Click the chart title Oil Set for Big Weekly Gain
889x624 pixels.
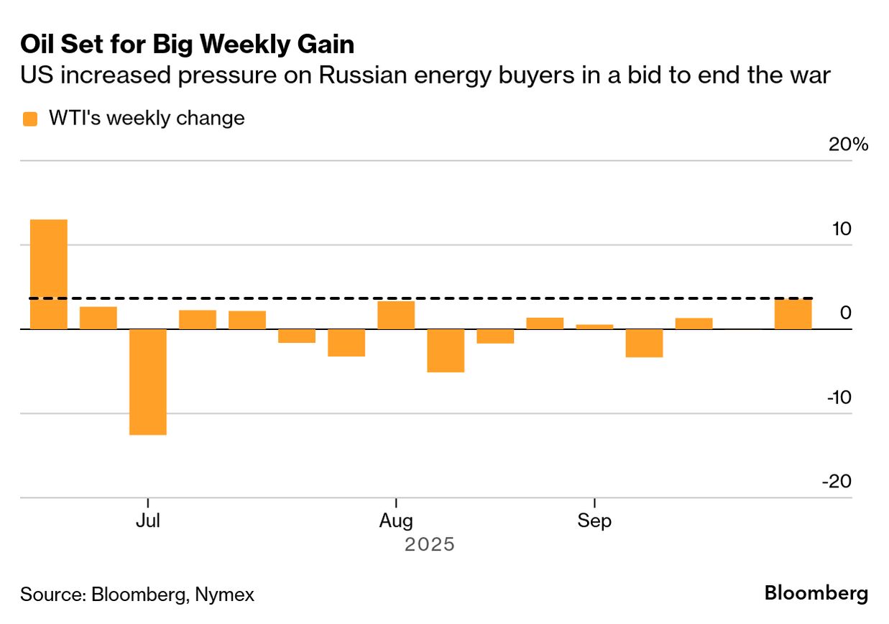click(187, 45)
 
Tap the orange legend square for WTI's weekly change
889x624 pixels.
click(30, 119)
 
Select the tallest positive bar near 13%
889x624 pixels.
click(48, 274)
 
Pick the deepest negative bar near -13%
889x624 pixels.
click(147, 382)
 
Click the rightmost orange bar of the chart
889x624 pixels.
click(793, 314)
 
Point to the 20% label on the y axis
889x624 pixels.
click(849, 144)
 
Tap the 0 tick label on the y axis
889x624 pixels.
click(845, 313)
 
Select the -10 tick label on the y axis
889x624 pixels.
click(837, 398)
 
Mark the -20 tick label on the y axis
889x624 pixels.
click(837, 482)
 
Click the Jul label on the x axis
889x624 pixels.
click(147, 520)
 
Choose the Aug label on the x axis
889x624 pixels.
click(396, 520)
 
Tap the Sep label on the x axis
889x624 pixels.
click(594, 520)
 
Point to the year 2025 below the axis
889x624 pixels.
click(429, 544)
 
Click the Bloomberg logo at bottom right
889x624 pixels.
click(816, 594)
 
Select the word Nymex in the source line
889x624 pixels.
click(226, 595)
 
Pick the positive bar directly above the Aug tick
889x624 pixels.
click(396, 315)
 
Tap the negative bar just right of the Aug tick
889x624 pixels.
click(446, 350)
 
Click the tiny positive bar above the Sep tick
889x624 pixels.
click(594, 326)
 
